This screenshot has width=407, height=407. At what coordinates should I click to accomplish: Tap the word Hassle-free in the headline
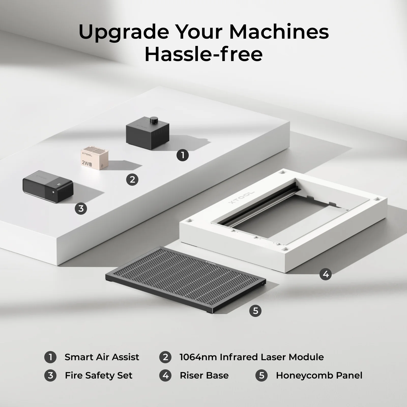coord(203,54)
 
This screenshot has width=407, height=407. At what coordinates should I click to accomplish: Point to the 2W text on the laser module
coord(85,163)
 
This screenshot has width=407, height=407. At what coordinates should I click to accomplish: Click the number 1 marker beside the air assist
coord(183,155)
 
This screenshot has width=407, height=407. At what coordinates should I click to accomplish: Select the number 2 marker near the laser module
coord(132,180)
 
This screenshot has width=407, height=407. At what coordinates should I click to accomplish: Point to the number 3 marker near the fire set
coord(81,209)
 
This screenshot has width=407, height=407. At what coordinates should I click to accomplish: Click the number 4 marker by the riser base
coord(326,274)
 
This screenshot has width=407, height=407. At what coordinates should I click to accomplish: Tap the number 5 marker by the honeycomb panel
coord(255,311)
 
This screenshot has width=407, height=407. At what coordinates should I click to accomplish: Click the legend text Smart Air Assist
coord(102,357)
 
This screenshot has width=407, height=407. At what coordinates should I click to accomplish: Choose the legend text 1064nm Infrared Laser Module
coord(252,357)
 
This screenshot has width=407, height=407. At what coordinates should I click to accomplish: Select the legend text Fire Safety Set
coord(98,375)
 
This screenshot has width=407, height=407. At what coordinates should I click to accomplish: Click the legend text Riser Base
coord(204,375)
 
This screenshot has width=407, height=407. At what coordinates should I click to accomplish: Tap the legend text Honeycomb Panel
coord(319,375)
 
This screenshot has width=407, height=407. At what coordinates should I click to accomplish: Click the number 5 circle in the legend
coord(261,375)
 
